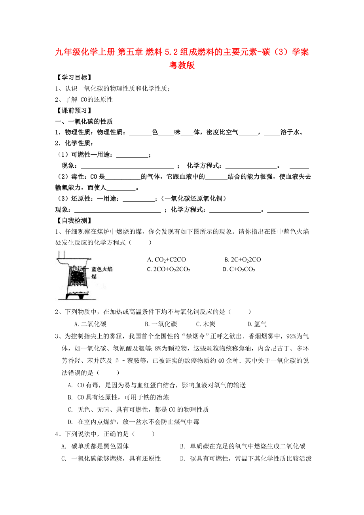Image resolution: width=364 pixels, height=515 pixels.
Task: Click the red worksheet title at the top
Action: coord(182,58)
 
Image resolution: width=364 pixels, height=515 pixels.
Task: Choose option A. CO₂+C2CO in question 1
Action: coord(166,259)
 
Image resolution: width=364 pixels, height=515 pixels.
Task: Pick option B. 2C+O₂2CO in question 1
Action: coord(243,259)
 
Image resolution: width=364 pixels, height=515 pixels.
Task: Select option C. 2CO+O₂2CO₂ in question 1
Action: coord(169,270)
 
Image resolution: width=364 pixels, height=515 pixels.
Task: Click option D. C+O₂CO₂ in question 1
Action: coord(239,270)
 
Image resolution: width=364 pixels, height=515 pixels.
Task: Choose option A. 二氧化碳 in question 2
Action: coord(93,324)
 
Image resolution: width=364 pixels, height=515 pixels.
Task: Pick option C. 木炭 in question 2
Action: coord(206,324)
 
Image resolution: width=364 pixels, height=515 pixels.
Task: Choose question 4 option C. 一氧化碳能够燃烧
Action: coord(111,458)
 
